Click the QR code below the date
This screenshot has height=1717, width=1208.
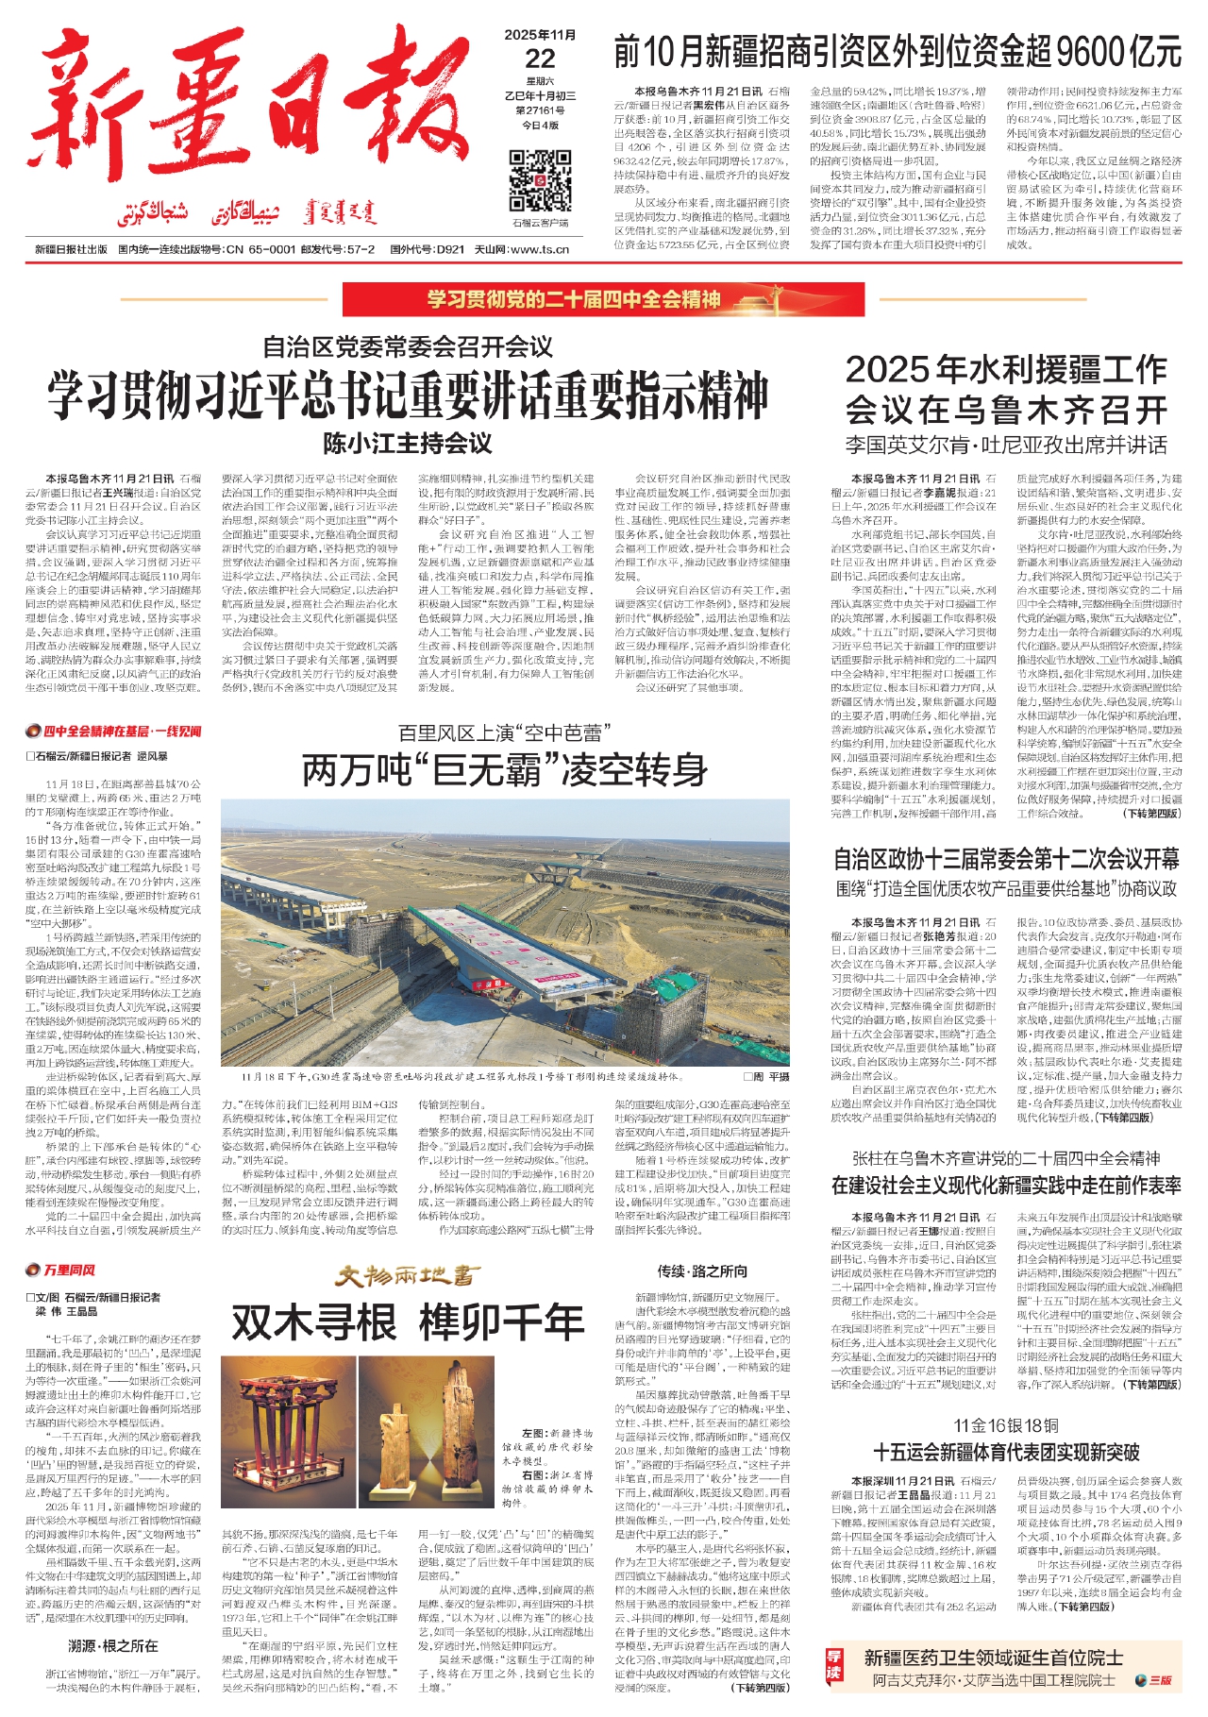(540, 179)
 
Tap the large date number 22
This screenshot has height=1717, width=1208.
(541, 59)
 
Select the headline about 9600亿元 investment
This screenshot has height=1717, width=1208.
(897, 51)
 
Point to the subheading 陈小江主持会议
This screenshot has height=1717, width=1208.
(408, 443)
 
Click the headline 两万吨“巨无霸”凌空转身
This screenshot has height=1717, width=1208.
(505, 770)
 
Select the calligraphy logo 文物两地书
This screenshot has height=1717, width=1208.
(408, 1276)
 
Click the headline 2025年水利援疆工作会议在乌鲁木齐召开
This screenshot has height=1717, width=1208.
(1006, 389)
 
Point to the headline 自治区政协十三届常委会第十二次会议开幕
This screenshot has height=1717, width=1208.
(1006, 859)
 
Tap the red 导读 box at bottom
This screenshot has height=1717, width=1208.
(833, 1670)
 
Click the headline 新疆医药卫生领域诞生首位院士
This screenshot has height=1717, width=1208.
(993, 1658)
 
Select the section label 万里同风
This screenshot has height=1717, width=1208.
(62, 1270)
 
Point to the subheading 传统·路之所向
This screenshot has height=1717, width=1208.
(702, 1271)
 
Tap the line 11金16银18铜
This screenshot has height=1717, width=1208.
(1006, 1425)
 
